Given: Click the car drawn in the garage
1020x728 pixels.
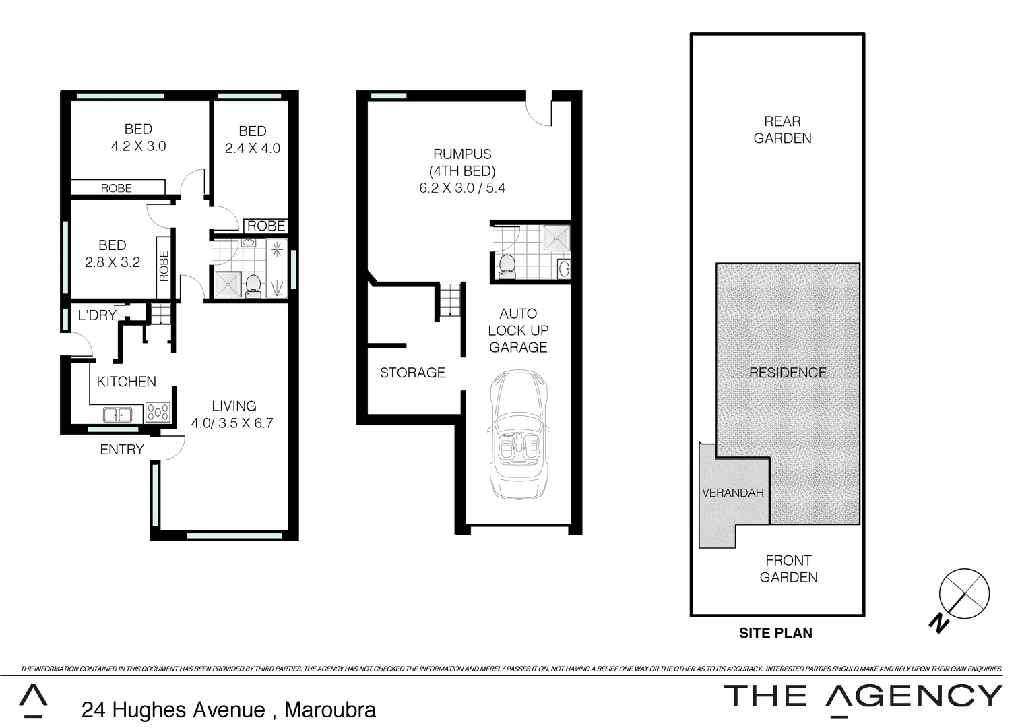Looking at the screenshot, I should pos(518,435).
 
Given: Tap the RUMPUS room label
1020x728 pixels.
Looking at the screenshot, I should pos(462,154).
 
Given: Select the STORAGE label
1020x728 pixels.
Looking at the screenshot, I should pos(412,373).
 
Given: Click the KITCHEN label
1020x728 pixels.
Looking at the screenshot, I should pos(126,382).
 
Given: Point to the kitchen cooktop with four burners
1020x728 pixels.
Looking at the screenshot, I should pos(158,412).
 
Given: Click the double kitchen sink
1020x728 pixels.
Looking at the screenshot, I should pos(119,414).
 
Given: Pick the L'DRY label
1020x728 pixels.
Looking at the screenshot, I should pos(97,315).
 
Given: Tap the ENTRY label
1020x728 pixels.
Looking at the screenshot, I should pos(122,450).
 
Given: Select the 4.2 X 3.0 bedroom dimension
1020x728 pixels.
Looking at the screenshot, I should pos(138,146).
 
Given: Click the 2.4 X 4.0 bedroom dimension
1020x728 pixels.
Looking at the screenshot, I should pos(253,148).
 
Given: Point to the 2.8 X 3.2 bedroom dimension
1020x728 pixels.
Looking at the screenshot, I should pos(113,262).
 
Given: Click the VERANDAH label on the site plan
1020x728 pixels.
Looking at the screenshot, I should pos(733,493).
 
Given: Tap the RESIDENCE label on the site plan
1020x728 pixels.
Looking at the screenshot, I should pos(788,373).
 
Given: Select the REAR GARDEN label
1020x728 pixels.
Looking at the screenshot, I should pos(782,129).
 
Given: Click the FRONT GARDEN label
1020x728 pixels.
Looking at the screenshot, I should pos(788,569).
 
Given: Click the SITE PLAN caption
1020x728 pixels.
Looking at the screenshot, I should pos(775,633).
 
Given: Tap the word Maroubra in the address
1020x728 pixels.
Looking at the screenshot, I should pos(330,710).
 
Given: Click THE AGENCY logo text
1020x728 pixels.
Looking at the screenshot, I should pos(863,696).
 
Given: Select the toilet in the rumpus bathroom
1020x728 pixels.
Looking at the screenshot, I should pos(506,266).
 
